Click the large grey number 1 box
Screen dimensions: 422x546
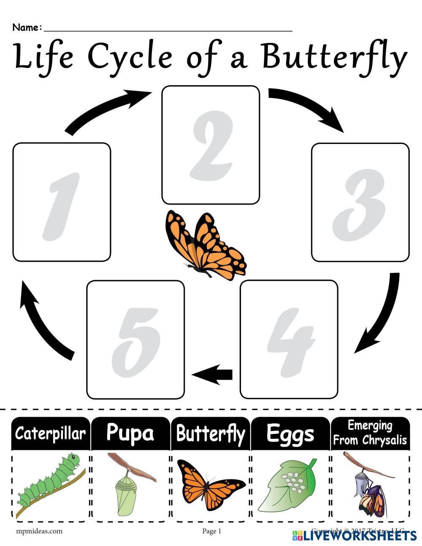click(62, 202)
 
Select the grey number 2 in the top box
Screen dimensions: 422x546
click(211, 145)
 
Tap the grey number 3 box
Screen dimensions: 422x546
click(360, 203)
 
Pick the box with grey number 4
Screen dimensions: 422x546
click(289, 339)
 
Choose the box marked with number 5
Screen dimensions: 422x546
click(135, 339)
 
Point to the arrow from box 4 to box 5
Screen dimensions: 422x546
click(212, 374)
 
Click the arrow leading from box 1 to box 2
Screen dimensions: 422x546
click(108, 111)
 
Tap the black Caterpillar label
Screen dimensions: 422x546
click(50, 434)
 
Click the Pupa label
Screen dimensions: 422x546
click(130, 433)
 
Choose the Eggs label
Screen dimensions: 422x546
click(290, 434)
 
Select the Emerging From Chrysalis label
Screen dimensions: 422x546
click(370, 433)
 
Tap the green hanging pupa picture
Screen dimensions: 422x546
click(127, 485)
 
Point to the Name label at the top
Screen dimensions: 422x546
click(27, 28)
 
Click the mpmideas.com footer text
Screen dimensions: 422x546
click(40, 531)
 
